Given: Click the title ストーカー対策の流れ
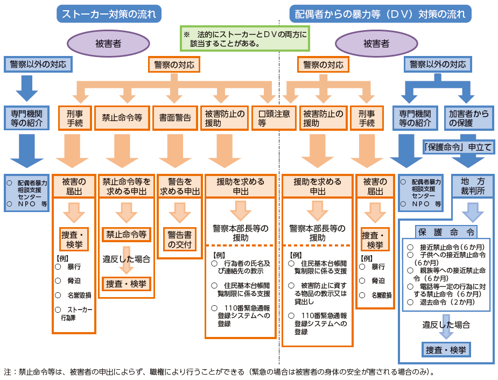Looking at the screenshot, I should point(110,13).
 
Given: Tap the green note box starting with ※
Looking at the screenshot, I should point(245,38).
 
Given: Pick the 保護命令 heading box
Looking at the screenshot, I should point(446,232).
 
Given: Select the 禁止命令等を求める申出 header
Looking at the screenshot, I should point(127,186).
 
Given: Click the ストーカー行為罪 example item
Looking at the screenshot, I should point(76,313).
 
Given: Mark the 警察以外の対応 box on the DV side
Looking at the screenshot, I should point(437,65).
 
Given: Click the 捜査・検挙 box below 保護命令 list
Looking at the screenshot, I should point(446,350).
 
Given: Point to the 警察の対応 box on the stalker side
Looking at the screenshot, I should point(174,65).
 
